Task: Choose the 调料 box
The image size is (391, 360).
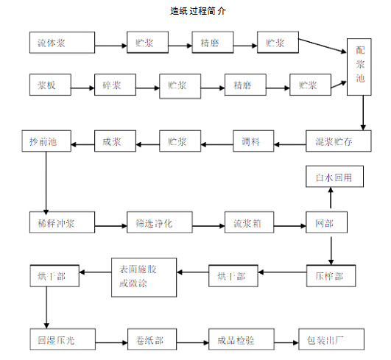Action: (x=253, y=141)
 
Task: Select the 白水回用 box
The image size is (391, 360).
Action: (x=330, y=177)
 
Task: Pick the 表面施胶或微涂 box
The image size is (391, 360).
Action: (x=144, y=277)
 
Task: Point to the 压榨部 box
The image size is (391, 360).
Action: (x=330, y=276)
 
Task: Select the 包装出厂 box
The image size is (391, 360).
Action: (x=330, y=341)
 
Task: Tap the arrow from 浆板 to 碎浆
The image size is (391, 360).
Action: (x=82, y=86)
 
